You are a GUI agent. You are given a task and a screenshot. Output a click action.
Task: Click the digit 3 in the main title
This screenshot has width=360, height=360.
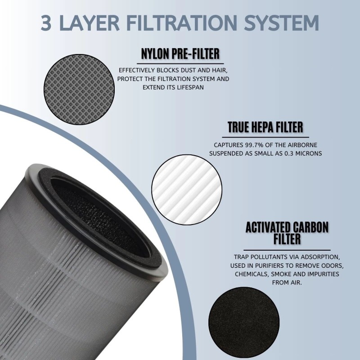coord(48,23)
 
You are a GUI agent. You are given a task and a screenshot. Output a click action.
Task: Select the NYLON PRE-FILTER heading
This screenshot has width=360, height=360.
coord(180,54)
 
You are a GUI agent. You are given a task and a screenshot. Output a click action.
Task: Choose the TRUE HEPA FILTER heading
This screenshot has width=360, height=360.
coord(265,127)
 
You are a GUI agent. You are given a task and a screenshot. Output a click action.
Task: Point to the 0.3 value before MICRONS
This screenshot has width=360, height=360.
coord(287,153)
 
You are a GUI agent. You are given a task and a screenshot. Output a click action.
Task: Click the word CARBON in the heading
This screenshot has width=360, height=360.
coord(310,227)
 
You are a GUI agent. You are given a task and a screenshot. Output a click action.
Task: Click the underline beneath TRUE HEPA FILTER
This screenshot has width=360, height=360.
coord(265,136)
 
